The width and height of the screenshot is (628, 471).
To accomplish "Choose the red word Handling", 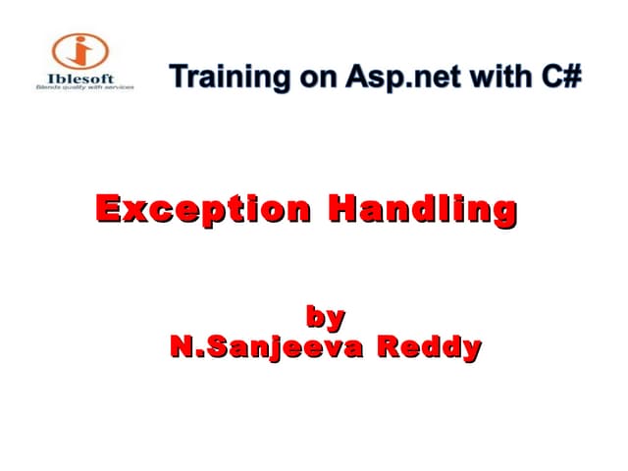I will (422, 209).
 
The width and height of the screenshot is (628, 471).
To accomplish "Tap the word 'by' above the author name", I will (326, 317).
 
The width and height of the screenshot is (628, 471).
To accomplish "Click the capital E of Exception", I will (108, 209).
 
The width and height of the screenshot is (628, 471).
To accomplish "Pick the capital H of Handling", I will (340, 209).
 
